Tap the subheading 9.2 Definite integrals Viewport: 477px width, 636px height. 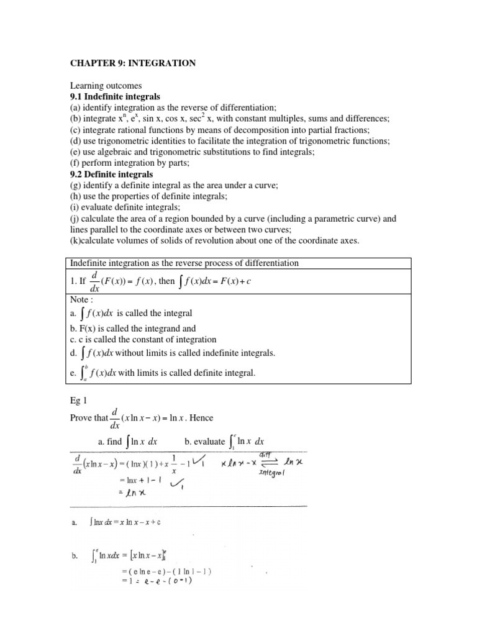click(x=111, y=175)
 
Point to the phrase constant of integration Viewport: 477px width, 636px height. click(x=179, y=340)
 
